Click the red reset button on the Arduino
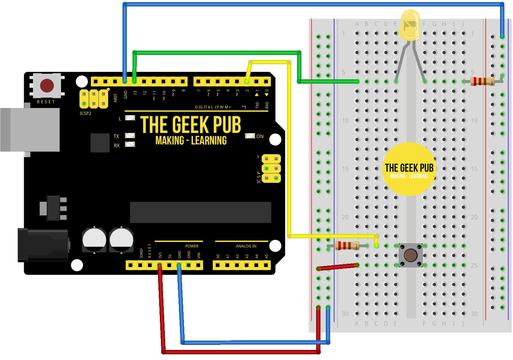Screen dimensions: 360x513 pyautogui.click(x=47, y=86)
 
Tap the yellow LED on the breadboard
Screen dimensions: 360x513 pyautogui.click(x=410, y=25)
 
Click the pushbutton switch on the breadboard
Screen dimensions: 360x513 pyautogui.click(x=411, y=255)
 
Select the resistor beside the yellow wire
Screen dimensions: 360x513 pyautogui.click(x=347, y=246)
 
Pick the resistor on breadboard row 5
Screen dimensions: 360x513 pyautogui.click(x=482, y=81)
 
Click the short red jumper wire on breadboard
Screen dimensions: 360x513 pyautogui.click(x=338, y=267)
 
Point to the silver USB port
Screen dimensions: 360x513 pyautogui.click(x=31, y=129)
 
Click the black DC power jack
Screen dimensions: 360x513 pyautogui.click(x=43, y=246)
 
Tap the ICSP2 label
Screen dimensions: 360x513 pyautogui.click(x=85, y=113)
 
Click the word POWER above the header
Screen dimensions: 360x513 pyautogui.click(x=192, y=246)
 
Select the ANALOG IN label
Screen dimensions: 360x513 pyautogui.click(x=246, y=246)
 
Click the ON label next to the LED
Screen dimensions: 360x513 pyautogui.click(x=260, y=136)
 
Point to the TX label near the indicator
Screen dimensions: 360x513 pyautogui.click(x=116, y=136)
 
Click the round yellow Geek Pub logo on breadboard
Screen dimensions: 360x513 pyautogui.click(x=409, y=169)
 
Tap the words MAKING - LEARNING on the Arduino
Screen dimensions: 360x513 pyautogui.click(x=191, y=140)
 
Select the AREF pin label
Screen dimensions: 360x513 pyautogui.click(x=116, y=98)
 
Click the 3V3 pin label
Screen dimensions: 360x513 pyautogui.click(x=160, y=255)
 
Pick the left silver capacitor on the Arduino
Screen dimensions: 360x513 pyautogui.click(x=94, y=240)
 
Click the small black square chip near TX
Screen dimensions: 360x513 pyautogui.click(x=100, y=142)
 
